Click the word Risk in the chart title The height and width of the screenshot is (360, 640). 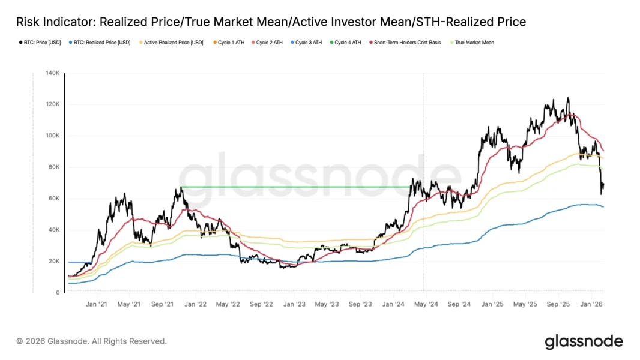click(28, 22)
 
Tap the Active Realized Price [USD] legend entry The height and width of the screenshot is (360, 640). click(174, 43)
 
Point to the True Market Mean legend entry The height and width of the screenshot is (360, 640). click(474, 43)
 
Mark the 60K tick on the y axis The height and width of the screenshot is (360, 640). click(53, 199)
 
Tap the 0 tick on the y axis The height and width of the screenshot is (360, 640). click(57, 293)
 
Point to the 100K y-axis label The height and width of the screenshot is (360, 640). click(52, 136)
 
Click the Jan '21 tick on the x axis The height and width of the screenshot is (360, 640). click(96, 304)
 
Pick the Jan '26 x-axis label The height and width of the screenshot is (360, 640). click(591, 304)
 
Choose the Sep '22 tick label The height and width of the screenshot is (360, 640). click(261, 304)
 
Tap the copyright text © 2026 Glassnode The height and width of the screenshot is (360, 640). click(92, 341)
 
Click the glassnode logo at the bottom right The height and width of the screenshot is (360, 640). click(584, 342)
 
